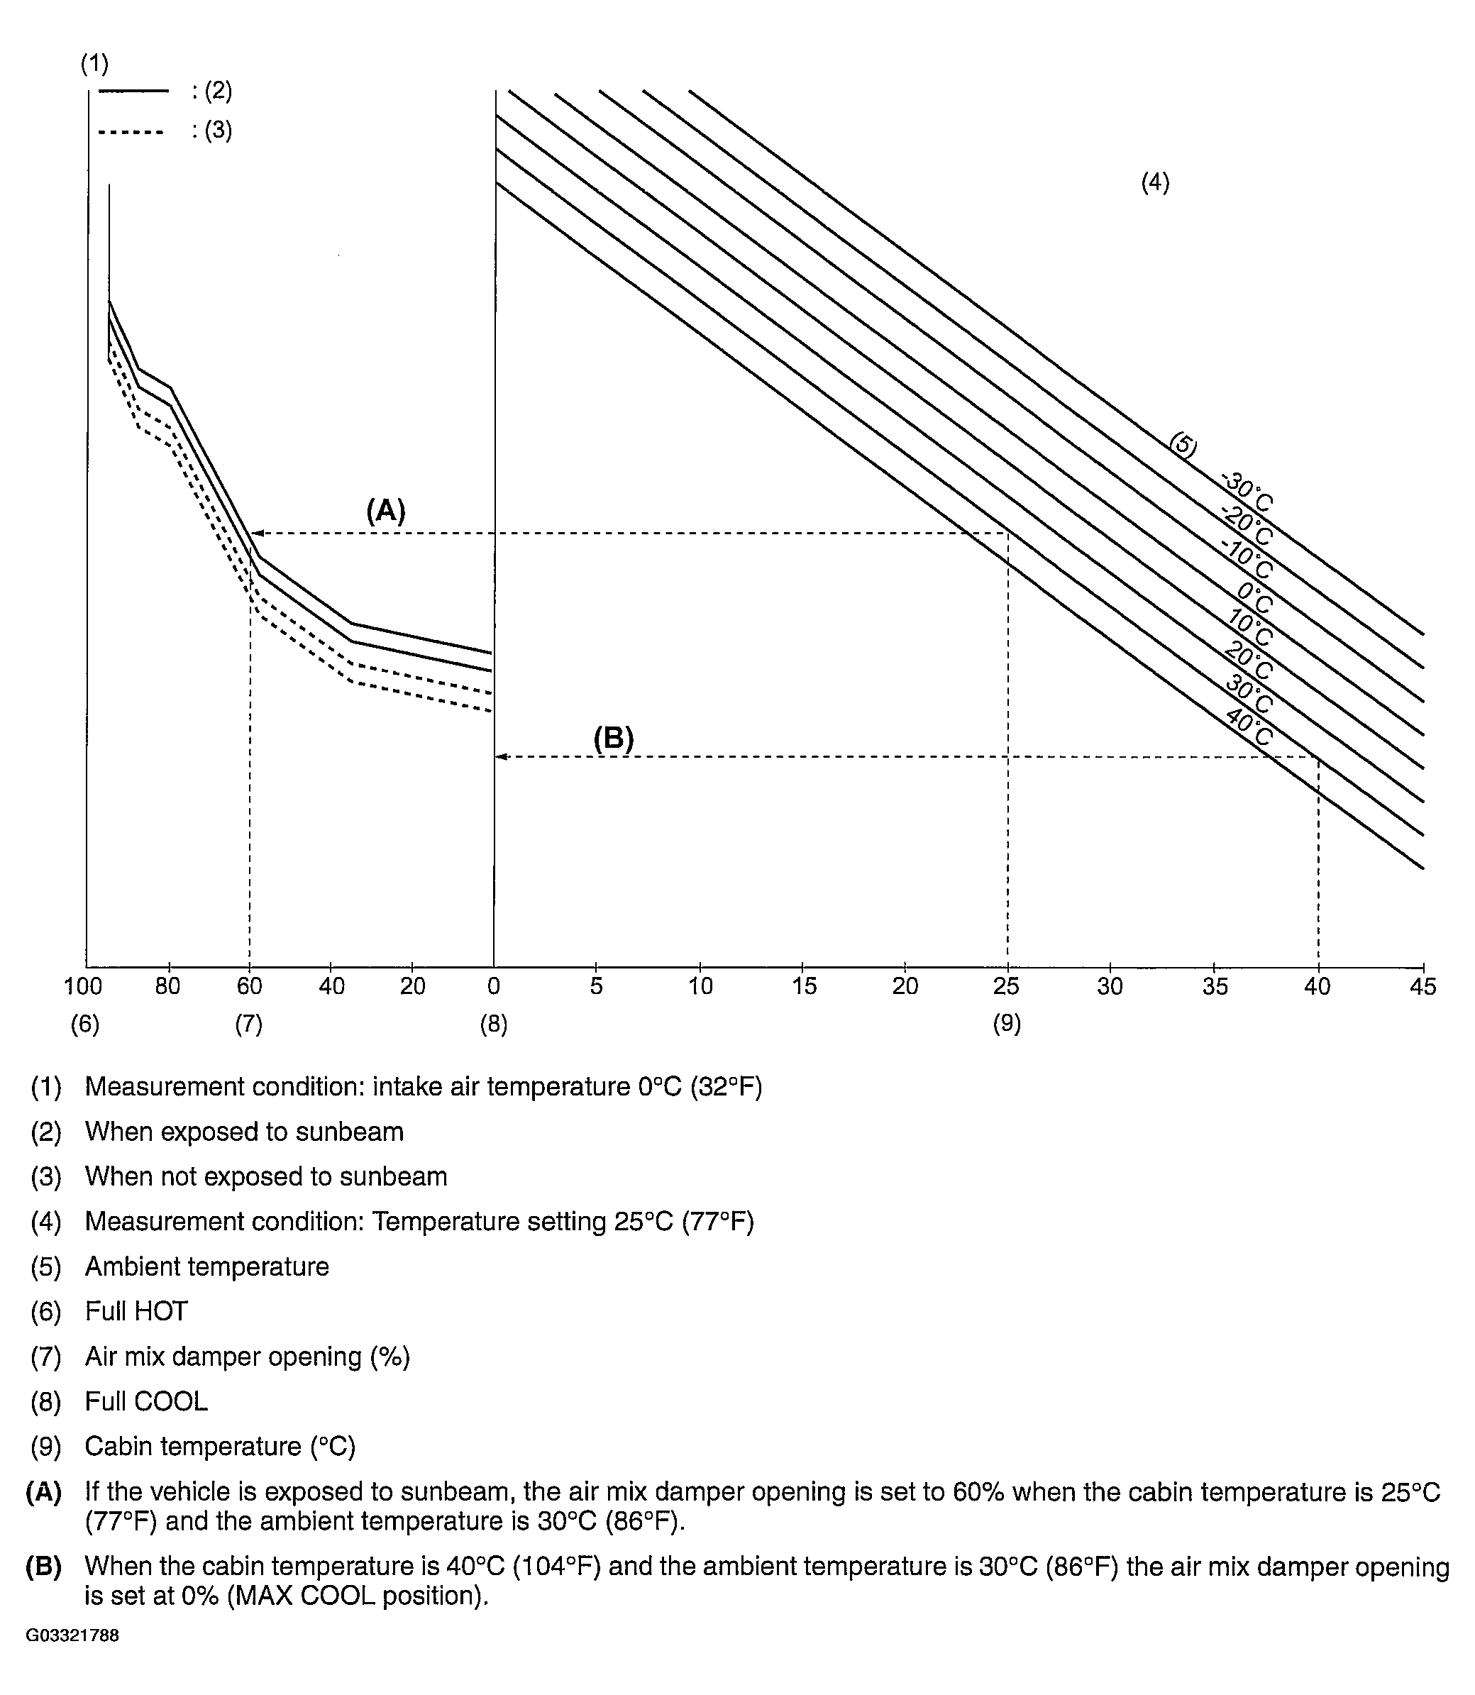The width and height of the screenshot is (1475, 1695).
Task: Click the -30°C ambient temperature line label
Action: (x=1247, y=492)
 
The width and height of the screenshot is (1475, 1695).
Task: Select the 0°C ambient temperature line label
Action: (x=1254, y=599)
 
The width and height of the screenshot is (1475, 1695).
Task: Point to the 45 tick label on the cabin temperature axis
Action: (x=1423, y=986)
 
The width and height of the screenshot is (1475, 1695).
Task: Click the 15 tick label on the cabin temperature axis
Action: (x=803, y=986)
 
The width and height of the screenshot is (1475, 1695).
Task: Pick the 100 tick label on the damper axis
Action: (x=83, y=986)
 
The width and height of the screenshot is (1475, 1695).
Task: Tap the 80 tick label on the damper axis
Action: (x=168, y=986)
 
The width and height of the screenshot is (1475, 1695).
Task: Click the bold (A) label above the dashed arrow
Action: (x=385, y=512)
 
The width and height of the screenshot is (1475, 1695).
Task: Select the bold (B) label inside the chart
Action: (x=613, y=739)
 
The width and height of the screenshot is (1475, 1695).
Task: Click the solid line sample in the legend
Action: (x=133, y=91)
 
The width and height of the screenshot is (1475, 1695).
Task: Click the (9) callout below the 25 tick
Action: (x=1007, y=1023)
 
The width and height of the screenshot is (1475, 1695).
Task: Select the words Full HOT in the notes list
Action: (x=137, y=1310)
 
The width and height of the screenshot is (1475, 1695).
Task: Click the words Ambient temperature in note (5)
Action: (x=207, y=1266)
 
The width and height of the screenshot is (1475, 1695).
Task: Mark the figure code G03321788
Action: (x=72, y=1635)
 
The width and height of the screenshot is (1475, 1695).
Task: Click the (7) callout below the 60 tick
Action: (x=248, y=1023)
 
